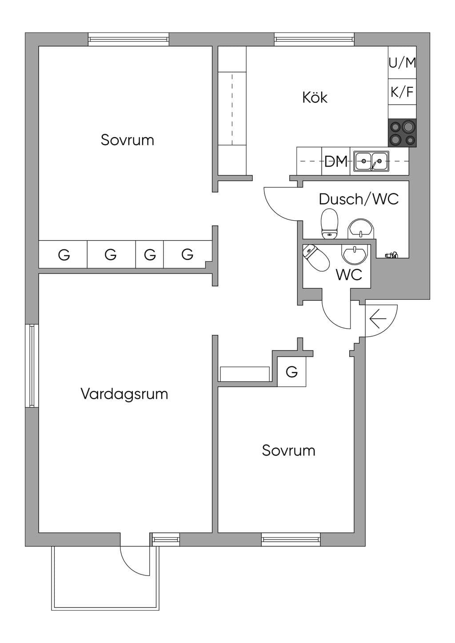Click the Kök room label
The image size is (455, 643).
coord(315,97)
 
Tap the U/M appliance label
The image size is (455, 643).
coord(403,63)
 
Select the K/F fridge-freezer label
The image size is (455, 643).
coord(402,92)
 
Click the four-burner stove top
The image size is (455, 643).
coord(402,133)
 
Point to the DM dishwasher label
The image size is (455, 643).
coord(336,161)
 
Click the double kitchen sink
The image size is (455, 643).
coord(371,161)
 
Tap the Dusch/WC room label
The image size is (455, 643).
coord(359,199)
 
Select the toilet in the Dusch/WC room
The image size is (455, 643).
coord(329,224)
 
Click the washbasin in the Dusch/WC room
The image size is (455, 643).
coord(360,229)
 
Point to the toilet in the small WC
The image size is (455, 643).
coord(316,258)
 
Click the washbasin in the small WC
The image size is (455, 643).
coord(355,254)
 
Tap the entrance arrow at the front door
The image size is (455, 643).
coord(378,319)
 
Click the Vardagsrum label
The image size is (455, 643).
coord(124,394)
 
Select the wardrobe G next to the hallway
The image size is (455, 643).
coord(292,372)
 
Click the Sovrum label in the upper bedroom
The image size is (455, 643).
coord(128,140)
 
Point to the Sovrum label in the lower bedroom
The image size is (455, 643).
coord(289,450)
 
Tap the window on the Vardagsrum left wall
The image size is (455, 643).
coord(32,366)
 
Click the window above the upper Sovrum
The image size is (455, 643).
coord(128,40)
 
